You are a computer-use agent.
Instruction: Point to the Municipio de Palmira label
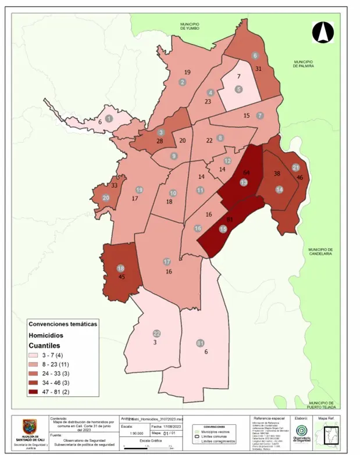[x=304, y=64]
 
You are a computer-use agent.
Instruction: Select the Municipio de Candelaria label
[x=319, y=251]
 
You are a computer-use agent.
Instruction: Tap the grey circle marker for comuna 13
[x=243, y=182]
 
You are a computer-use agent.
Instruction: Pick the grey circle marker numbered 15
[x=223, y=229]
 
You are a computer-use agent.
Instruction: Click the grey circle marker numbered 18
[x=121, y=268]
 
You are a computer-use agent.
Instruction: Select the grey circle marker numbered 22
[x=156, y=334]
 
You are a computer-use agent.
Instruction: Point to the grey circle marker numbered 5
[x=238, y=89]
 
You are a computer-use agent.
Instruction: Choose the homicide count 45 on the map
[x=122, y=277]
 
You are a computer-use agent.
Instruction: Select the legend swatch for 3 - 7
[x=35, y=355]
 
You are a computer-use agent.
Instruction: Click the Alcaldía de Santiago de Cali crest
[x=29, y=427]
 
